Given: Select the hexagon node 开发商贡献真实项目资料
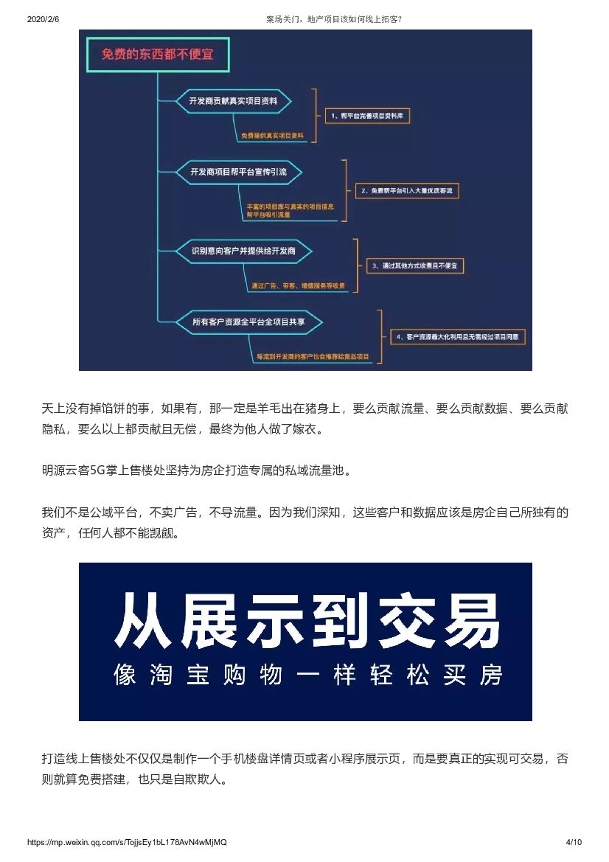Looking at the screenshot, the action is click(x=234, y=101).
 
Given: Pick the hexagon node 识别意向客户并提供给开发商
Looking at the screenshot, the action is click(x=243, y=251).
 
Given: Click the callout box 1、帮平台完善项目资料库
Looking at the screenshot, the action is click(x=369, y=116).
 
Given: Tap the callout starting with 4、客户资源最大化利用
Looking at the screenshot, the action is click(x=459, y=337).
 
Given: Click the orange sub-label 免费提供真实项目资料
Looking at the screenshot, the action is click(x=272, y=136).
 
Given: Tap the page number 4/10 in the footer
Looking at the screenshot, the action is click(x=574, y=842).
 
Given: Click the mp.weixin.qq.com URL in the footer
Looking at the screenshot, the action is click(x=127, y=842).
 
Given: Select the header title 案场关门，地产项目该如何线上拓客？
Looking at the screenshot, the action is click(x=334, y=19).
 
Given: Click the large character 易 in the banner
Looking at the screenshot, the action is click(x=472, y=619).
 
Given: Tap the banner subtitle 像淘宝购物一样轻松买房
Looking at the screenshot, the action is click(x=307, y=675).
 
